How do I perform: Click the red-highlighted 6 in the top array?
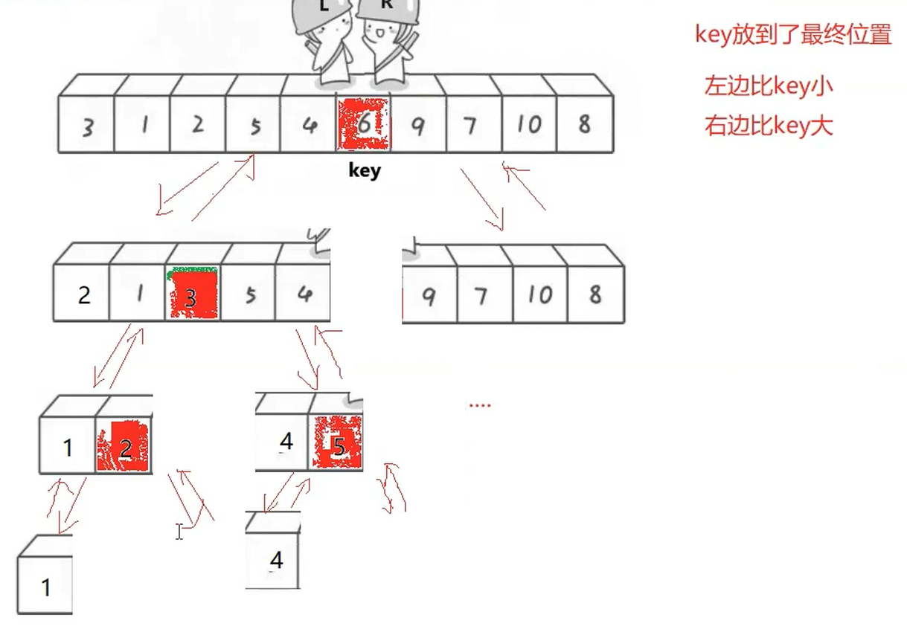pyautogui.click(x=364, y=124)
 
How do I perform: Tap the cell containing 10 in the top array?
pyautogui.click(x=529, y=124)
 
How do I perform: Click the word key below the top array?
pyautogui.click(x=365, y=170)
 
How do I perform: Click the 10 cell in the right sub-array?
pyautogui.click(x=540, y=295)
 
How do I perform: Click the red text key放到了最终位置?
pyautogui.click(x=792, y=34)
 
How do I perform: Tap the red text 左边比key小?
pyautogui.click(x=768, y=86)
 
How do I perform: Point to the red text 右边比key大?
pyautogui.click(x=768, y=126)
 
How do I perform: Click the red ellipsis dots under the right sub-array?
pyautogui.click(x=480, y=405)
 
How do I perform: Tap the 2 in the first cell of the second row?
pyautogui.click(x=83, y=295)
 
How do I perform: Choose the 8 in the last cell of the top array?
pyautogui.click(x=584, y=124)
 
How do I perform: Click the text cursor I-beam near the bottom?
pyautogui.click(x=179, y=531)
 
